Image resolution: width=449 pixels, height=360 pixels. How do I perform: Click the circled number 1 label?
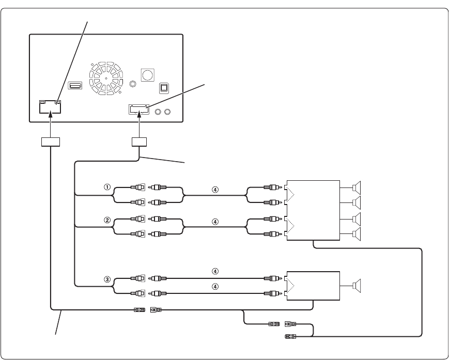[x=107, y=187]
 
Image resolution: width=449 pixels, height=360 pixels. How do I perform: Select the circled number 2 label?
[x=107, y=219]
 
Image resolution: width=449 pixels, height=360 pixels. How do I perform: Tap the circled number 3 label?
[x=107, y=279]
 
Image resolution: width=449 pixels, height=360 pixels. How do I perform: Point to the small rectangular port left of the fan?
[x=74, y=85]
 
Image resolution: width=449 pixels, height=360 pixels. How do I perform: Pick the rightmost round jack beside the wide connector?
[x=167, y=111]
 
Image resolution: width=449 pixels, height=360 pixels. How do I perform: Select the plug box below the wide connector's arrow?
[x=140, y=142]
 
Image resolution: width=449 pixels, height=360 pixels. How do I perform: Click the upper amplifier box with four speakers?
[x=313, y=210]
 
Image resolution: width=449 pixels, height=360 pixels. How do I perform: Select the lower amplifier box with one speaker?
[x=313, y=286]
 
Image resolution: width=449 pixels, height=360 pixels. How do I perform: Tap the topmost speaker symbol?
[x=358, y=187]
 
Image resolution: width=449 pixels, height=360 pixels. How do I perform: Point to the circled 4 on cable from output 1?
[x=215, y=189]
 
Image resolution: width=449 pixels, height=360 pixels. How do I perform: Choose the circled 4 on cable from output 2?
[x=215, y=221]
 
